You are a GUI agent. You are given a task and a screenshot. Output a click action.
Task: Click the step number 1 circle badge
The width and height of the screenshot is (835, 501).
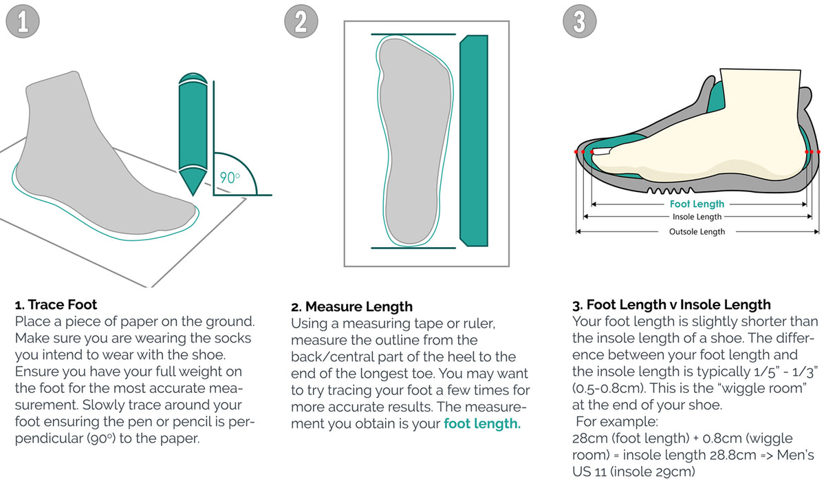click(23, 22)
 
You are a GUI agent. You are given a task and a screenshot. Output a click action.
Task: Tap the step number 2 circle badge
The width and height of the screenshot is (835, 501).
click(301, 22)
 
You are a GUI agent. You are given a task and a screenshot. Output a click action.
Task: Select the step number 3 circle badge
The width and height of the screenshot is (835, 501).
click(579, 22)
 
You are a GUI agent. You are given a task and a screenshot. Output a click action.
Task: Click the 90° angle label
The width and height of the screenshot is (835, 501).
click(230, 176)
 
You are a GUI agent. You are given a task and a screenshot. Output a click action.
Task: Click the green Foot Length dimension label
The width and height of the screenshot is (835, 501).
click(697, 204)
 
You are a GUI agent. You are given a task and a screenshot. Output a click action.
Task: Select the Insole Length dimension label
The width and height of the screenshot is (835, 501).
click(697, 217)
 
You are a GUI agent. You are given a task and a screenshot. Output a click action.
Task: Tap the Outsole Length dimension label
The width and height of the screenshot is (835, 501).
click(697, 232)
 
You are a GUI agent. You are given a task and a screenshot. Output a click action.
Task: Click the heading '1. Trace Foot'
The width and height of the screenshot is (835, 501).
click(56, 305)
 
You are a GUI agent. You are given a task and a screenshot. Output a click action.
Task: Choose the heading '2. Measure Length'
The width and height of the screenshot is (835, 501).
click(352, 307)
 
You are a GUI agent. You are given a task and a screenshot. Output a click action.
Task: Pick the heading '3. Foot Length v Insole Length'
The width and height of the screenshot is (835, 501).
click(671, 305)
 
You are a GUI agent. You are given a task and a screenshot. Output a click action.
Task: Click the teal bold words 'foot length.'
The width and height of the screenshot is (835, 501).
click(482, 424)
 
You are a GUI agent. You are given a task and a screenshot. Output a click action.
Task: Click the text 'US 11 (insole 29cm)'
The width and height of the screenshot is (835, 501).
click(625, 471)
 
